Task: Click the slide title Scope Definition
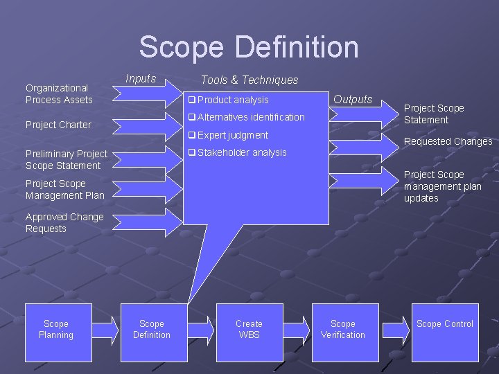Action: pyautogui.click(x=249, y=47)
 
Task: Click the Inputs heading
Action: pyautogui.click(x=141, y=78)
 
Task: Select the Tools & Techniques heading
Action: pyautogui.click(x=249, y=80)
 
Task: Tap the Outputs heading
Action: pyautogui.click(x=353, y=99)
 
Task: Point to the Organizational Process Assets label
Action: pyautogui.click(x=59, y=93)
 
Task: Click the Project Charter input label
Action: pyautogui.click(x=58, y=125)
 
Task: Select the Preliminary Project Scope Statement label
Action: pyautogui.click(x=66, y=159)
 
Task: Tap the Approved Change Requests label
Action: pyautogui.click(x=64, y=222)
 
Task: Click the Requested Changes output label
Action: pyautogui.click(x=448, y=141)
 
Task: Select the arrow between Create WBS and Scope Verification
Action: pyautogui.click(x=297, y=331)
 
